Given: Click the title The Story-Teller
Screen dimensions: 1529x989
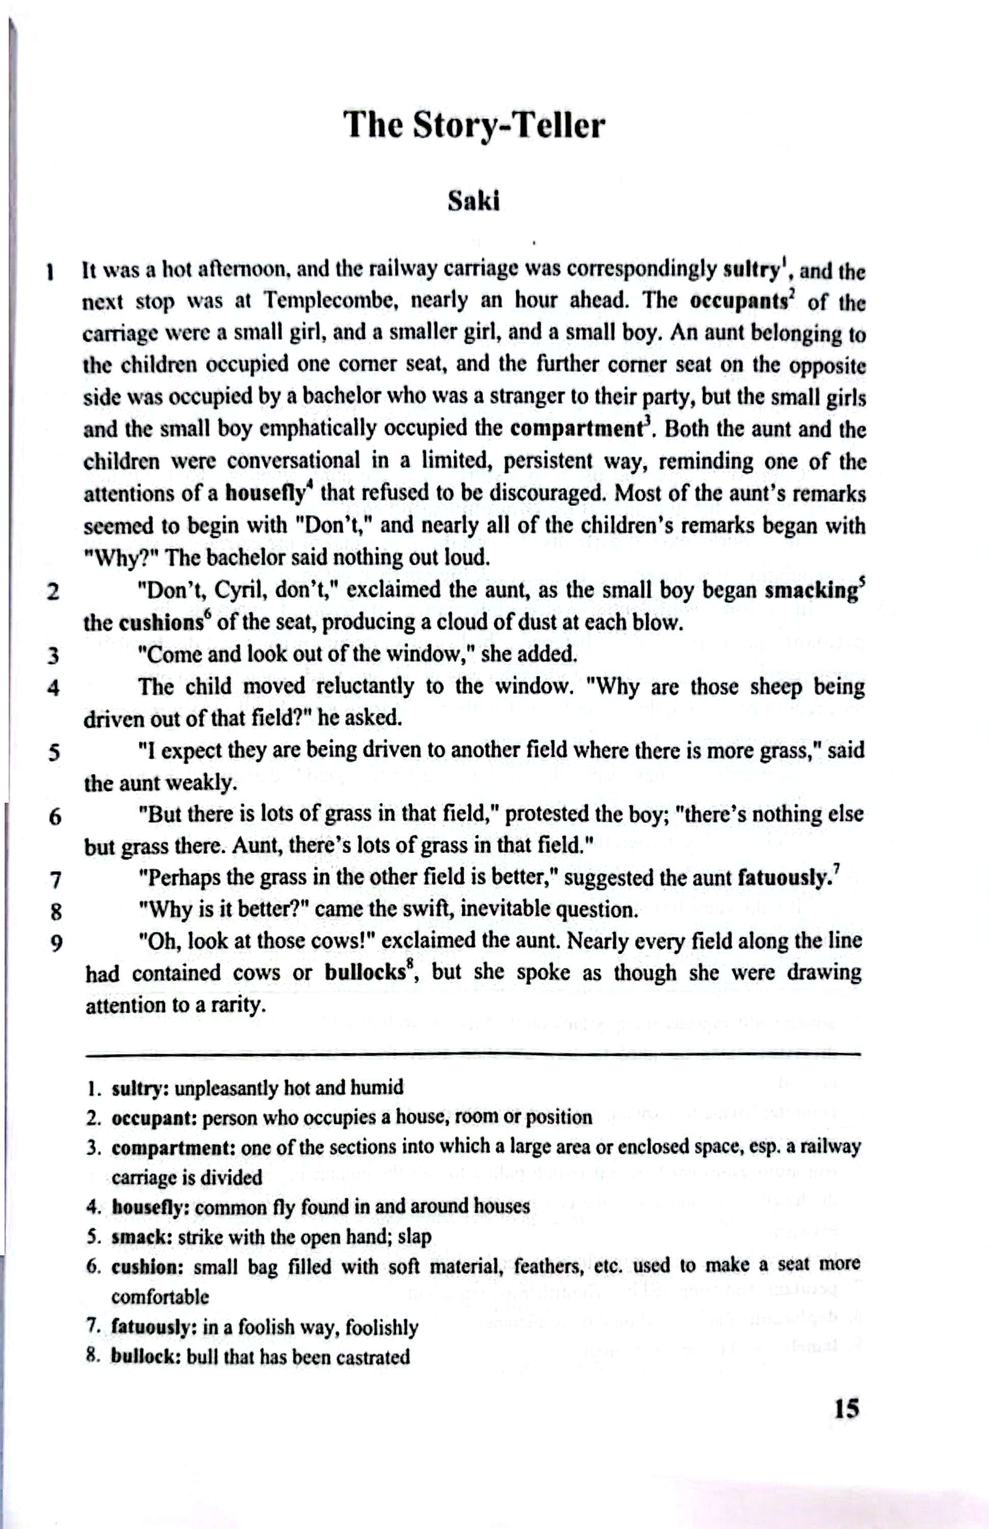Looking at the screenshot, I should coord(474,125).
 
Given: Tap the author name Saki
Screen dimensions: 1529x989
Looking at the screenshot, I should coord(473,201).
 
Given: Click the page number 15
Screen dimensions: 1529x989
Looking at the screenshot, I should coord(846,1409).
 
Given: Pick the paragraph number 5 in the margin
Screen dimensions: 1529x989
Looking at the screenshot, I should coord(55,752).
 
